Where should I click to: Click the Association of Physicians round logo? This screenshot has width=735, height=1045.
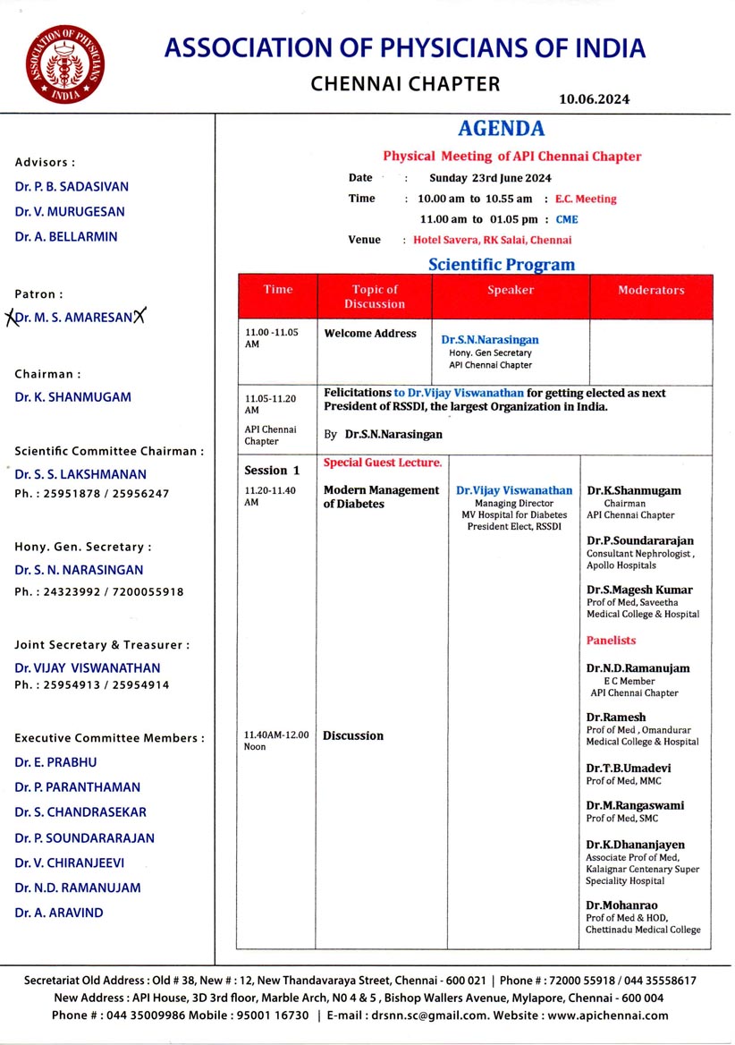(64, 62)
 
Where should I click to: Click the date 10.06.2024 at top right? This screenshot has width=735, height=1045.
(594, 99)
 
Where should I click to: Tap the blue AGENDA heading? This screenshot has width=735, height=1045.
(501, 129)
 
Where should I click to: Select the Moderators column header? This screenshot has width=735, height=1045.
(651, 290)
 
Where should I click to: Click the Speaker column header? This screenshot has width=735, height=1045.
(511, 290)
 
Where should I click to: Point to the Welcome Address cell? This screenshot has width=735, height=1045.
(370, 334)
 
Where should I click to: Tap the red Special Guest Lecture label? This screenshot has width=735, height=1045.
(382, 463)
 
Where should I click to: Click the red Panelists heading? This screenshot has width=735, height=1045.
(612, 641)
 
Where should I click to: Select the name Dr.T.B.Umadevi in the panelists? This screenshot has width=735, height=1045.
(629, 769)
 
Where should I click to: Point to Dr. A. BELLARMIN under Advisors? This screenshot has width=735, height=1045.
(66, 237)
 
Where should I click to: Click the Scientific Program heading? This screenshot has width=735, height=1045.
(502, 265)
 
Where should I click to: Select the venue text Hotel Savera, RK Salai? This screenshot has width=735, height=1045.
(492, 240)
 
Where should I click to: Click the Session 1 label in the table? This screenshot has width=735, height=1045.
(272, 471)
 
